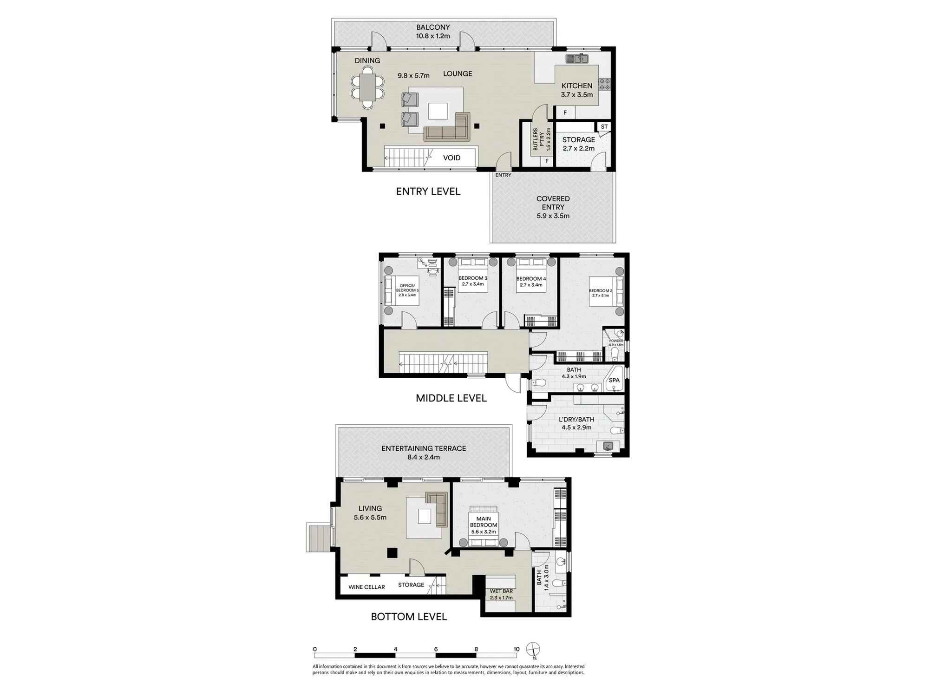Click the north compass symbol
point(534,649)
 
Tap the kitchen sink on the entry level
point(577,59)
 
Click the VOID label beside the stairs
point(451,158)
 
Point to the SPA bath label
point(614,380)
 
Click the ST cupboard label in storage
point(604,127)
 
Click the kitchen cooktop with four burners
point(604,84)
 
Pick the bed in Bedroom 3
point(473,277)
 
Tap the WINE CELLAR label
point(366,587)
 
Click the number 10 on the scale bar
point(516,649)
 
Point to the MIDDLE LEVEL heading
point(451,398)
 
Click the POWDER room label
point(616,341)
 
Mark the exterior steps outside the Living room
point(318,537)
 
